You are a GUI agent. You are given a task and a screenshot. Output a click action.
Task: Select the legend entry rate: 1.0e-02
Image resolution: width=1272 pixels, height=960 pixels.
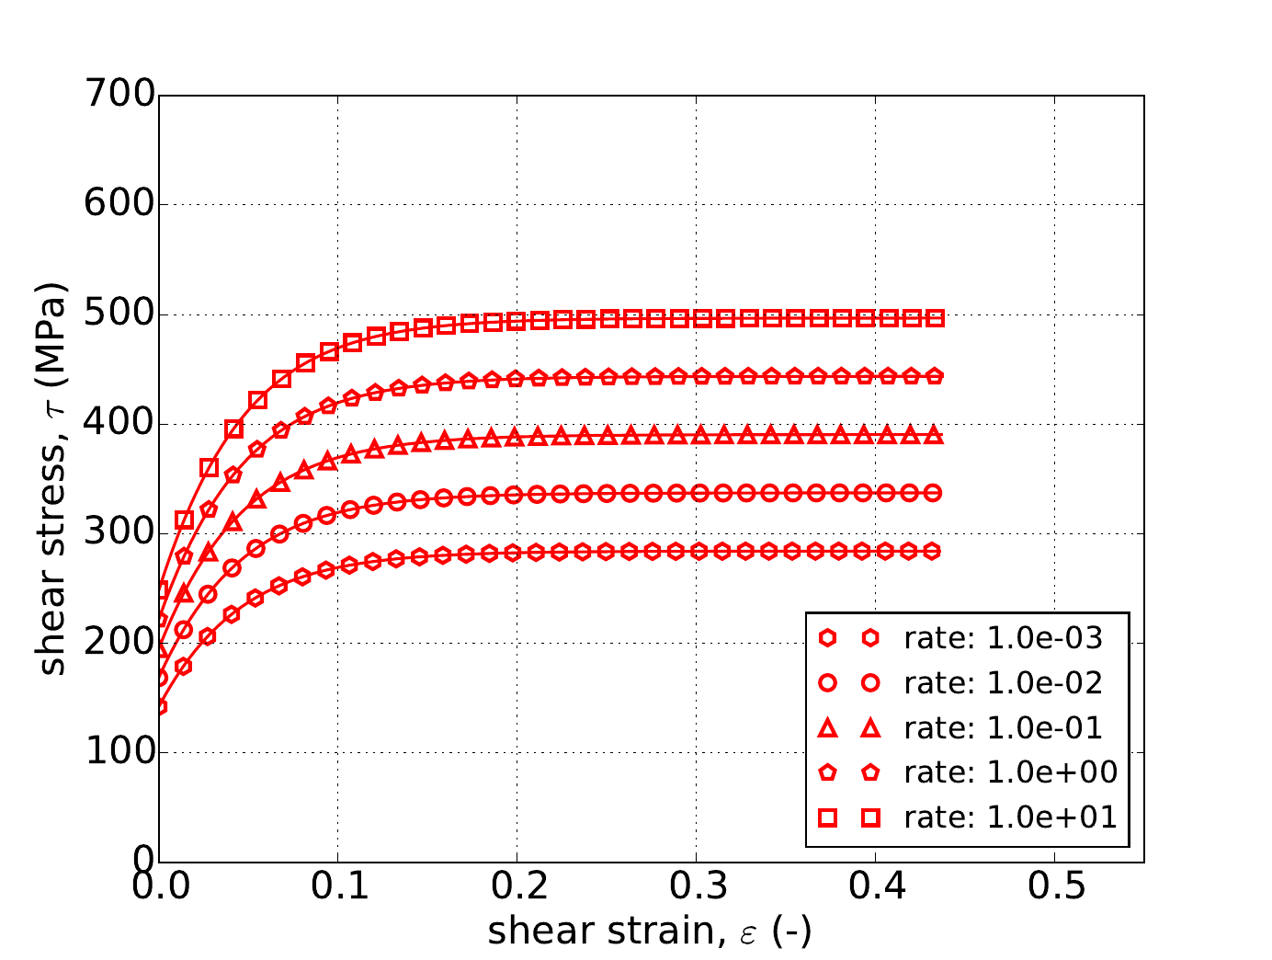(1003, 682)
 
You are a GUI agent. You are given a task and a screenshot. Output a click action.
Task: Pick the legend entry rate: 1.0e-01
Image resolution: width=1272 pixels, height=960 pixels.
(1003, 727)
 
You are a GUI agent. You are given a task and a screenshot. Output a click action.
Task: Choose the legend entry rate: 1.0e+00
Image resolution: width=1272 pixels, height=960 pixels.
(1010, 772)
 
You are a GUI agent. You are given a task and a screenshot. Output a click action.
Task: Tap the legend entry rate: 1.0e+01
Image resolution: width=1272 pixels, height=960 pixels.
(1010, 817)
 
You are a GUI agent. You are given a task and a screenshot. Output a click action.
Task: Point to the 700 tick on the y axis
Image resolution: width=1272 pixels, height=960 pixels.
(119, 95)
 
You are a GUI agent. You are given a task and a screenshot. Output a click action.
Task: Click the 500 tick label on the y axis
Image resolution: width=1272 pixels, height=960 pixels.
(119, 314)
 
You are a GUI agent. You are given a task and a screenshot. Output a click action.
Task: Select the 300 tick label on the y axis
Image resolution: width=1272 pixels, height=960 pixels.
(119, 533)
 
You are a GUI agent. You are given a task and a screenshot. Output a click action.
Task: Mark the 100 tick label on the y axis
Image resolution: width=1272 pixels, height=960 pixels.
(119, 752)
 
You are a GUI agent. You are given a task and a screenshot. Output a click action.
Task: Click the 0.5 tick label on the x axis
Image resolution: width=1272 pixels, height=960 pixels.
(1054, 888)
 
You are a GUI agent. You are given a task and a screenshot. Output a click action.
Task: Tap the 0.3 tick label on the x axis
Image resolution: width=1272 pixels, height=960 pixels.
(696, 888)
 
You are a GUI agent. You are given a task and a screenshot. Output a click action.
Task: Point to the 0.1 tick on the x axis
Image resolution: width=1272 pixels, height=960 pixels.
(338, 888)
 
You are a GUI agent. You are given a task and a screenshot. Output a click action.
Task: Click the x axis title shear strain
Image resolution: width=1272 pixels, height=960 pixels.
(650, 932)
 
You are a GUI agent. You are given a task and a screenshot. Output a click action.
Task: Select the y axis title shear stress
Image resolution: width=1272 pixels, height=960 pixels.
(53, 478)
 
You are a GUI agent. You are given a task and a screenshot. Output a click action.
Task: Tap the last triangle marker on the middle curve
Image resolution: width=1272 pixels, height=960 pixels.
(934, 435)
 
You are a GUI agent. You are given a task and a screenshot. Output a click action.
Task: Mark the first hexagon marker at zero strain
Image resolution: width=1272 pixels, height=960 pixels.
(160, 706)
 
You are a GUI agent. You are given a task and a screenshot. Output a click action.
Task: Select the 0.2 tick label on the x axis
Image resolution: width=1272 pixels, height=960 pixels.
(517, 888)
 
